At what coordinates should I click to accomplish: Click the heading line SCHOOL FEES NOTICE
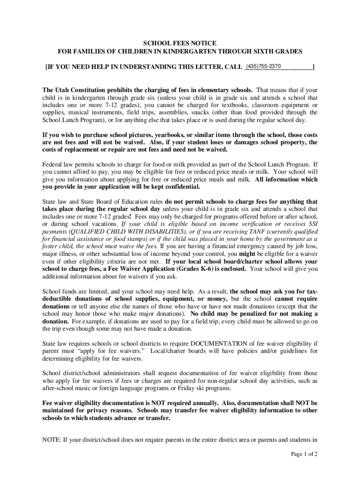pyautogui.click(x=180, y=43)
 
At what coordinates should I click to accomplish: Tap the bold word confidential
pyautogui.click(x=182, y=187)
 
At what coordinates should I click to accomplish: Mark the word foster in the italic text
pyautogui.click(x=50, y=246)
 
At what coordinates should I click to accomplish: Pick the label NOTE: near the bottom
pyautogui.click(x=52, y=439)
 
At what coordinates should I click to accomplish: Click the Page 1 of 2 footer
pyautogui.click(x=304, y=454)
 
